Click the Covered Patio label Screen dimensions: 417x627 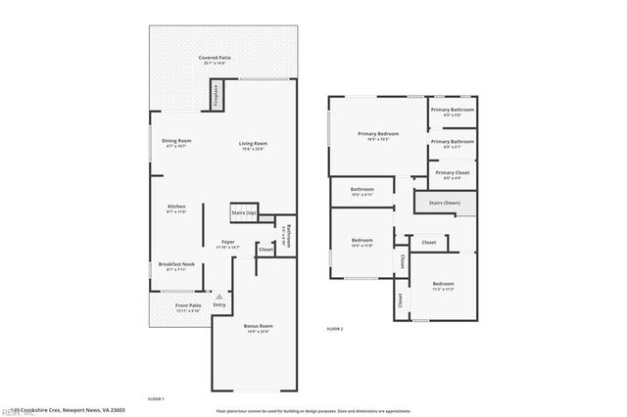215,60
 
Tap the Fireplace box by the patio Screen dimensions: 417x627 216,96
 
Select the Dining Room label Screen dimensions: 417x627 176,143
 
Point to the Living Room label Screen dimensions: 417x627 253,146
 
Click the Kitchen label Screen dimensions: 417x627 176,208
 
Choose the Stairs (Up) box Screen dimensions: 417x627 244,212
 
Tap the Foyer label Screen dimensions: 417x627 227,243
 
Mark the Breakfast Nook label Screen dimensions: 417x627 176,266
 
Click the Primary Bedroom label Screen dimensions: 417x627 377,136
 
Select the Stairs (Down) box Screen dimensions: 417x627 444,204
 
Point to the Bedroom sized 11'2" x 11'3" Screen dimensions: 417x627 444,286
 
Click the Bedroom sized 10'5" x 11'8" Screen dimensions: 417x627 362,242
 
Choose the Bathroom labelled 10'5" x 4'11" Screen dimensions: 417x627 362,191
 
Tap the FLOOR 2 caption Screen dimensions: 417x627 335,329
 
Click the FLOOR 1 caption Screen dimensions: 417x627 156,399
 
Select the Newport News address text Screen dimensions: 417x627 70,410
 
